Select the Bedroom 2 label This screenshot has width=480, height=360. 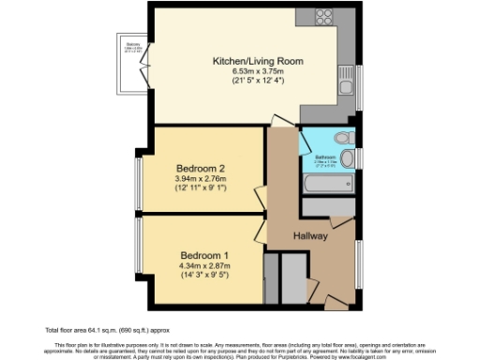click(201, 169)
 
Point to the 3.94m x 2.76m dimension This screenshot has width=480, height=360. click(201, 179)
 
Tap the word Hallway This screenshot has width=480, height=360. click(309, 236)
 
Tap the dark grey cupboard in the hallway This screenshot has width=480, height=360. click(292, 276)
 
